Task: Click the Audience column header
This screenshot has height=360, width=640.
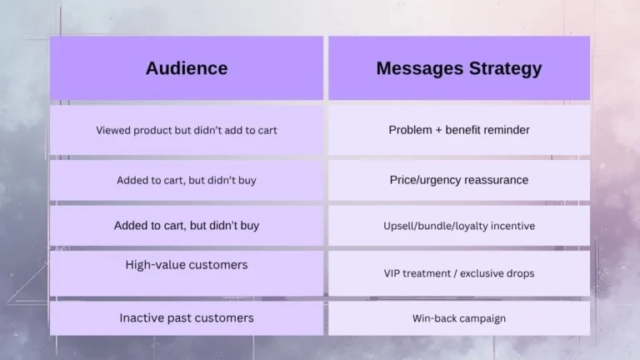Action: pos(186,68)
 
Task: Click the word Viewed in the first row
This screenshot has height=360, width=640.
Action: pos(113,130)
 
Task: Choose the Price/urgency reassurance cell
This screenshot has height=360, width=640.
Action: pos(458,180)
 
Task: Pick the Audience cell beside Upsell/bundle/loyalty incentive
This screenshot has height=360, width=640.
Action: pos(186,226)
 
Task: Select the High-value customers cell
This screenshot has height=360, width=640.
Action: pos(186,265)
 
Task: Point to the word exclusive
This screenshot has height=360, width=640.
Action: pos(482,273)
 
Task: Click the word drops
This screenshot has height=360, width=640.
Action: pos(520,273)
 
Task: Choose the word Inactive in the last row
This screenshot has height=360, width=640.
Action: pos(142,317)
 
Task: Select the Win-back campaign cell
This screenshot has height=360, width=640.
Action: pos(458,318)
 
